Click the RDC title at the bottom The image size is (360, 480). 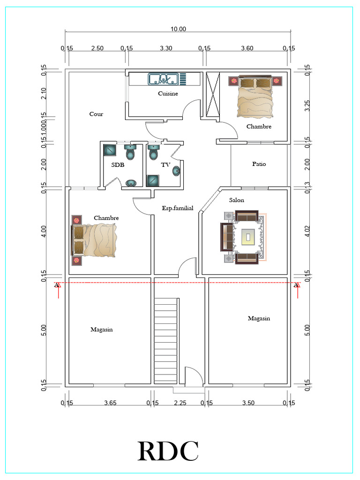(168, 451)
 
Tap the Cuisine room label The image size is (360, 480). (167, 94)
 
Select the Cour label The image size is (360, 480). (96, 114)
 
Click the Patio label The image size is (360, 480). (259, 164)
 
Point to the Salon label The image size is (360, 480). (236, 200)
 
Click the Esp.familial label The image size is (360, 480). (178, 208)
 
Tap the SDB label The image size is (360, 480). (118, 165)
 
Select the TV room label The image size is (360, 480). (165, 165)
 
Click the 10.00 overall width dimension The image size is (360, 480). (178, 29)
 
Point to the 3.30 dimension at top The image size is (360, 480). (166, 48)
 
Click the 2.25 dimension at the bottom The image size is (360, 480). (180, 403)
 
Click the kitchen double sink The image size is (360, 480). (163, 79)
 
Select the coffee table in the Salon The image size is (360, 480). (247, 237)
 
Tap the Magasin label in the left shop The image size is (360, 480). (101, 330)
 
